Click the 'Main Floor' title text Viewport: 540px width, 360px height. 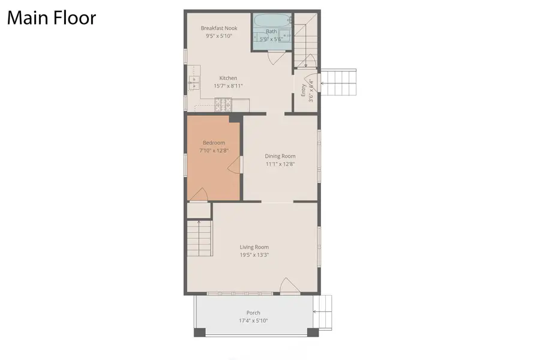pos(51,18)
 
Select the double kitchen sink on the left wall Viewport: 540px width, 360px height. pos(194,84)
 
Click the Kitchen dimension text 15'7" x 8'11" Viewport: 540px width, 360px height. pos(228,86)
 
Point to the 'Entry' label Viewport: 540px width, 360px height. pos(304,89)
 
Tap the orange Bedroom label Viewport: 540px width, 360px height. pos(214,143)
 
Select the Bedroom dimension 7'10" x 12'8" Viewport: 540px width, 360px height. pos(214,150)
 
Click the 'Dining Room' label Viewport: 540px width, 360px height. pos(280,156)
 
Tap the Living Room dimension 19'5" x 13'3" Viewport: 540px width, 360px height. pos(254,254)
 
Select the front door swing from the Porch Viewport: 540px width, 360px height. pos(288,286)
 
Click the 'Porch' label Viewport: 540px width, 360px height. pos(253,313)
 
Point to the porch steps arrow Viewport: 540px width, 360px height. pos(318,312)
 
